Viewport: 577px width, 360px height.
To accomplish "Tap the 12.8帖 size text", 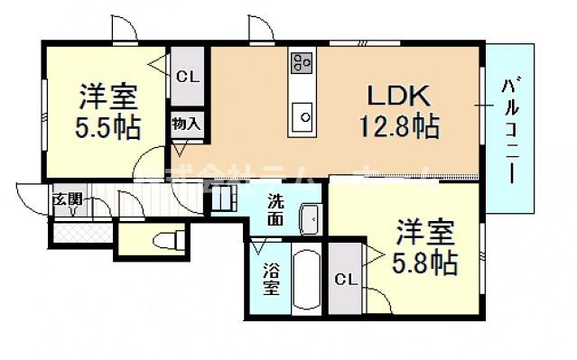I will click(402, 126).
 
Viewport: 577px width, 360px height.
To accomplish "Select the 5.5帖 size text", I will click(107, 127).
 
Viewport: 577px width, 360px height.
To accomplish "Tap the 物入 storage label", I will click(186, 124).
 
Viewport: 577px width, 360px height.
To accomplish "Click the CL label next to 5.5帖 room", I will click(187, 76).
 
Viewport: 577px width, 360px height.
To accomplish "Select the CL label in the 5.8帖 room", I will click(344, 281).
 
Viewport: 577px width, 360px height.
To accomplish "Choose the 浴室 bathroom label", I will click(270, 279).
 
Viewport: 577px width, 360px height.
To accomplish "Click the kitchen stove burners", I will click(302, 62).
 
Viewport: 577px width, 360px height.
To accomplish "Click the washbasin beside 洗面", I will click(308, 217).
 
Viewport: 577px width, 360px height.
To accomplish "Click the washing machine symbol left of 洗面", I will click(225, 198).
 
